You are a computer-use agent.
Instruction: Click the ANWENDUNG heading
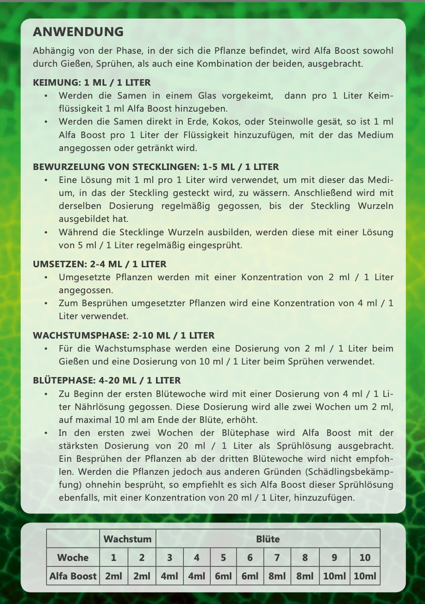coord(78,32)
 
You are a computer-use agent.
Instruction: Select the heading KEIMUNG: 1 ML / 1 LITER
coord(92,83)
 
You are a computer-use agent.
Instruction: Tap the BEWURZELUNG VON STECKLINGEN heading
coord(156,167)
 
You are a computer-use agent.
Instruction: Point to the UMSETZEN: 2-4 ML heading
coord(100,264)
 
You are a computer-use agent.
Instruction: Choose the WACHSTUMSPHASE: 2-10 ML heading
coord(124,335)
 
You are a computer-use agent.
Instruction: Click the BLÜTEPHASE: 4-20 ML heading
coord(106,381)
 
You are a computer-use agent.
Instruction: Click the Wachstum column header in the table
coord(127,539)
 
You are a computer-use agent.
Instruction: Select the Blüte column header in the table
coord(268,539)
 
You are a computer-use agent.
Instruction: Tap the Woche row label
coord(73,558)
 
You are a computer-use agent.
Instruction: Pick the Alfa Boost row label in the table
coord(73,577)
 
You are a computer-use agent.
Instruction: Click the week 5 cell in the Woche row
coord(223,558)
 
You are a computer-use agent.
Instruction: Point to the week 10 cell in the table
coord(365,558)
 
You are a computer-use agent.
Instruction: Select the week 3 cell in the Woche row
coord(169,558)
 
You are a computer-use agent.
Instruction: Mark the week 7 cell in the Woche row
coord(277,558)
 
